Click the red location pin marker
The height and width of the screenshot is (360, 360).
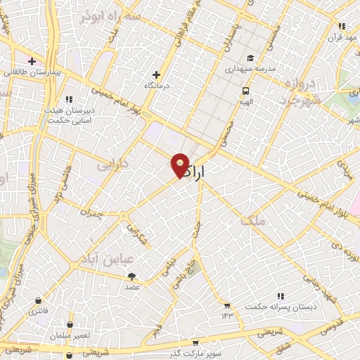point(181,165)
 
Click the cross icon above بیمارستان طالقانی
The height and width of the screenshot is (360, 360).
point(31,61)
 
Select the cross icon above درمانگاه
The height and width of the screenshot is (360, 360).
point(157,75)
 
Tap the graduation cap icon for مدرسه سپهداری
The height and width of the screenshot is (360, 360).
point(251,58)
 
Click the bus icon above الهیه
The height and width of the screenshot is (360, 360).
point(245,91)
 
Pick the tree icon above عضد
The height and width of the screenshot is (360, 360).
point(132,276)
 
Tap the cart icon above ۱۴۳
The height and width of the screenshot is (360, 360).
point(227,305)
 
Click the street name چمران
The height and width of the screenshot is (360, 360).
point(91,212)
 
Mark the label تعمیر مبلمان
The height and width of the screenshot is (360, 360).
point(70,335)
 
